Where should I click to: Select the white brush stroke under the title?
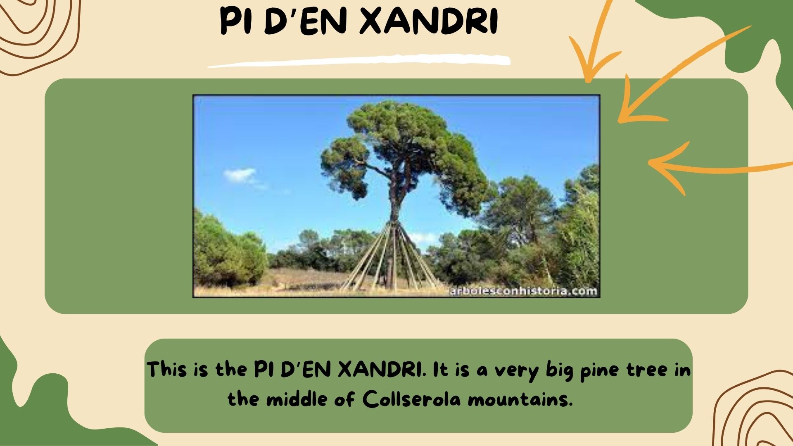coord(359,61)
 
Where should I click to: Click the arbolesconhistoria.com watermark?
coord(523,291)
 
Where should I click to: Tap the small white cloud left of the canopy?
coord(240,175)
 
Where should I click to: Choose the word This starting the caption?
coord(166,369)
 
